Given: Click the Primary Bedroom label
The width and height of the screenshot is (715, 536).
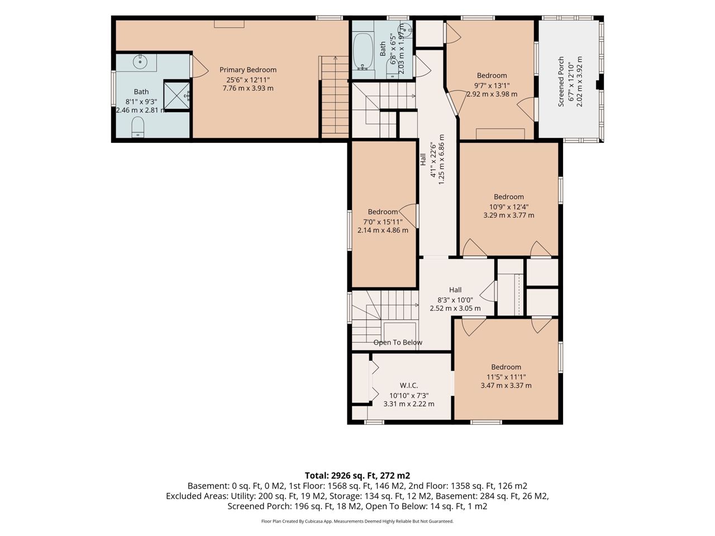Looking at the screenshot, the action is click(247, 70).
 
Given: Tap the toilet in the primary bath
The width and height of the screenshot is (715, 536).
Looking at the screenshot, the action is click(137, 127).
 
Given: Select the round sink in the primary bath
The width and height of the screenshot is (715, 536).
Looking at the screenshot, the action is click(140, 61).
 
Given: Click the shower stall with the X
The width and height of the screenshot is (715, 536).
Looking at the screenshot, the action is click(177, 95).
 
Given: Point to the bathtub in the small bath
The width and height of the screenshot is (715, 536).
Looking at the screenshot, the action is click(363, 51).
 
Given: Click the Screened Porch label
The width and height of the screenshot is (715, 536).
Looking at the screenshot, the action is click(561, 82).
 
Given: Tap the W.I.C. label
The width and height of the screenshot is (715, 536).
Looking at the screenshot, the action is click(408, 386).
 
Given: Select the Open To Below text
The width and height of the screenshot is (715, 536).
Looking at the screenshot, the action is click(397, 342).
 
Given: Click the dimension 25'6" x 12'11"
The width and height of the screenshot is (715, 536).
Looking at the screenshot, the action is click(248, 80).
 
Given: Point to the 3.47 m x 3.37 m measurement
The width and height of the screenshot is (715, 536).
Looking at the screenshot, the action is click(506, 386).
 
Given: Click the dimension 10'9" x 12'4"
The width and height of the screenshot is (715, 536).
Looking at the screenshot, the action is click(508, 207).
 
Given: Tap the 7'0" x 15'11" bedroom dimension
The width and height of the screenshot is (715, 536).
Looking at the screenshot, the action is click(383, 222).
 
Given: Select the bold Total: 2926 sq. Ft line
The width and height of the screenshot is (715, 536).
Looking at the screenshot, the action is click(357, 476).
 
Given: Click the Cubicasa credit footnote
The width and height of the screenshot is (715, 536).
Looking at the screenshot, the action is click(357, 521).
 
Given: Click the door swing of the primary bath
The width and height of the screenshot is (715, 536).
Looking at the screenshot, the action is click(199, 66).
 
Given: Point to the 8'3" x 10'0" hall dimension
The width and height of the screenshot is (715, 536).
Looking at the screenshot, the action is click(455, 300).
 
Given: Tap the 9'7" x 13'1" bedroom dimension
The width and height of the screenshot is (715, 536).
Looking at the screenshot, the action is click(492, 85).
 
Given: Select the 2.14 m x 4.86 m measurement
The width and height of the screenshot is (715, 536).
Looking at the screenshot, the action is click(383, 231).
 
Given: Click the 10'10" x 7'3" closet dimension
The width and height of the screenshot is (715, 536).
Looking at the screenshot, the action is click(409, 396).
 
